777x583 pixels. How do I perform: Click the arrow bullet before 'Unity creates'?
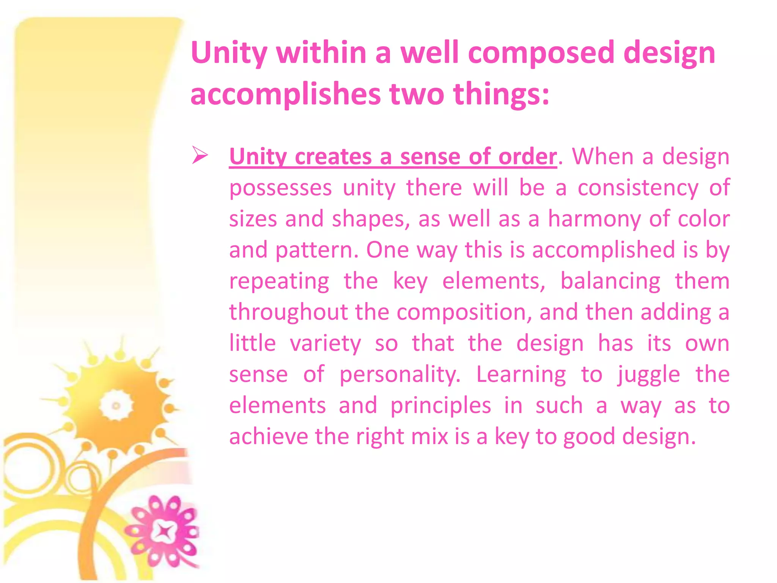[x=200, y=155]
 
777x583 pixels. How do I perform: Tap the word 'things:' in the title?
[x=501, y=95]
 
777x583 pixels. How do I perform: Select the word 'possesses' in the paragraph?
[x=280, y=188]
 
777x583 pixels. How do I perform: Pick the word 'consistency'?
[x=638, y=188]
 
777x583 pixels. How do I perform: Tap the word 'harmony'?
[x=594, y=219]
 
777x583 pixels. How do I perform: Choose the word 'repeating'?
[x=279, y=281]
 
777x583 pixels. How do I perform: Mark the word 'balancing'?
[x=610, y=281]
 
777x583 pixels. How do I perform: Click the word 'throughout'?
[x=288, y=312]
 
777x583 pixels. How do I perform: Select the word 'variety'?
[x=326, y=343]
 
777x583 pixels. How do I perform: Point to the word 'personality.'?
[x=400, y=375]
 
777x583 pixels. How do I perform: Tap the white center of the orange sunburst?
[x=116, y=405]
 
